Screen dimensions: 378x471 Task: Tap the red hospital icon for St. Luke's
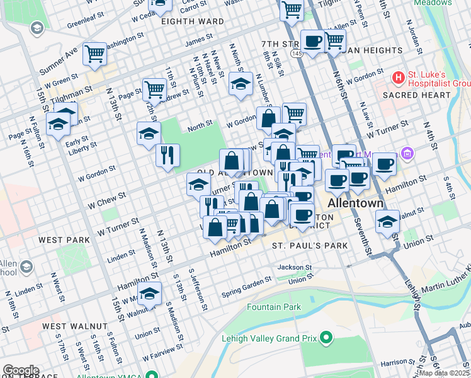(398, 77)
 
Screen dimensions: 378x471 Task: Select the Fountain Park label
(274, 307)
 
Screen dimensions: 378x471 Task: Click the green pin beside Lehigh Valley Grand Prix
(326, 338)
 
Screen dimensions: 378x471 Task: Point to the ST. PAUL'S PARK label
(300, 244)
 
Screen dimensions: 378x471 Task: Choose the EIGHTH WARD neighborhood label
(192, 21)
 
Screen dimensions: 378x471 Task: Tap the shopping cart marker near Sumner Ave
(94, 54)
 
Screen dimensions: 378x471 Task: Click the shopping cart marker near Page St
(154, 89)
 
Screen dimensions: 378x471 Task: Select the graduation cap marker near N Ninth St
(240, 84)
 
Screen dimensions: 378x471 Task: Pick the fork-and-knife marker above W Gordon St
(167, 156)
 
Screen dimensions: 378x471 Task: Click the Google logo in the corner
(20, 370)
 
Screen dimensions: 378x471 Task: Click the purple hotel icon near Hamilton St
(407, 153)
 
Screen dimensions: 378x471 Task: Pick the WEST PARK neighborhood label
(64, 240)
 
